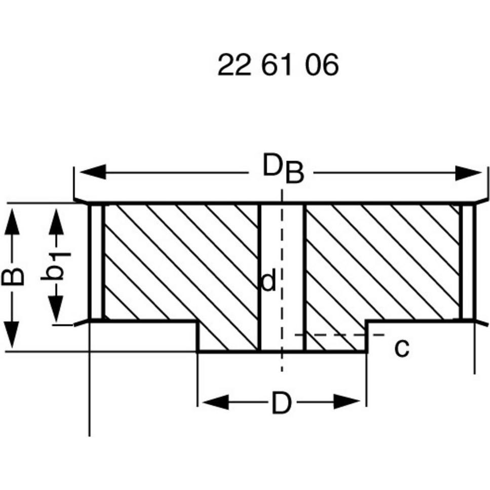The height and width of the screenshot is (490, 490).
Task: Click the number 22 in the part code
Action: (x=235, y=65)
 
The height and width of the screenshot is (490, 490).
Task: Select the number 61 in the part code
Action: (x=277, y=65)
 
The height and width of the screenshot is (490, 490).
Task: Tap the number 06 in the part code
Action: (x=322, y=65)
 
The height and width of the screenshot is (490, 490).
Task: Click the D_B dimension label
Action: (x=283, y=168)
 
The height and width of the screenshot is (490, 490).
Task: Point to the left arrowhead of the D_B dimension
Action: (x=93, y=172)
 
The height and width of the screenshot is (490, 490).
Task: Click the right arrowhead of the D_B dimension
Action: (x=468, y=173)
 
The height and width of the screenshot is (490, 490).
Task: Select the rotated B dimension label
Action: (x=13, y=276)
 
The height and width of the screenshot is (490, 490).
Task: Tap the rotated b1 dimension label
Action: (x=55, y=266)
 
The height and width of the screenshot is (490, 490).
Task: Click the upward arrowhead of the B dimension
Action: (x=12, y=221)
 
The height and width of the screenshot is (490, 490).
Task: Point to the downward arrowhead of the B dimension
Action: (x=12, y=334)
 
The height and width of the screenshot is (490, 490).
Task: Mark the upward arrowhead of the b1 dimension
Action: (x=56, y=221)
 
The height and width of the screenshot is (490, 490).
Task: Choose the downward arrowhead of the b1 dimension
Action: (x=56, y=309)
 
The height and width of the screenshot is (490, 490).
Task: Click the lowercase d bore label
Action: (x=269, y=281)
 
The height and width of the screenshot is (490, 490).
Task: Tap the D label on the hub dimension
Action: (x=282, y=403)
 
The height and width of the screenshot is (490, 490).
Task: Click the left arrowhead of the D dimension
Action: (x=216, y=402)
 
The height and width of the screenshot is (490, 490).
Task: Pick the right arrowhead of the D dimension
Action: (x=347, y=402)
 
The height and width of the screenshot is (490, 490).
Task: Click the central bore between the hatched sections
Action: (x=282, y=278)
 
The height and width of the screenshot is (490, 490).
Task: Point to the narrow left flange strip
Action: (x=96, y=262)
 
